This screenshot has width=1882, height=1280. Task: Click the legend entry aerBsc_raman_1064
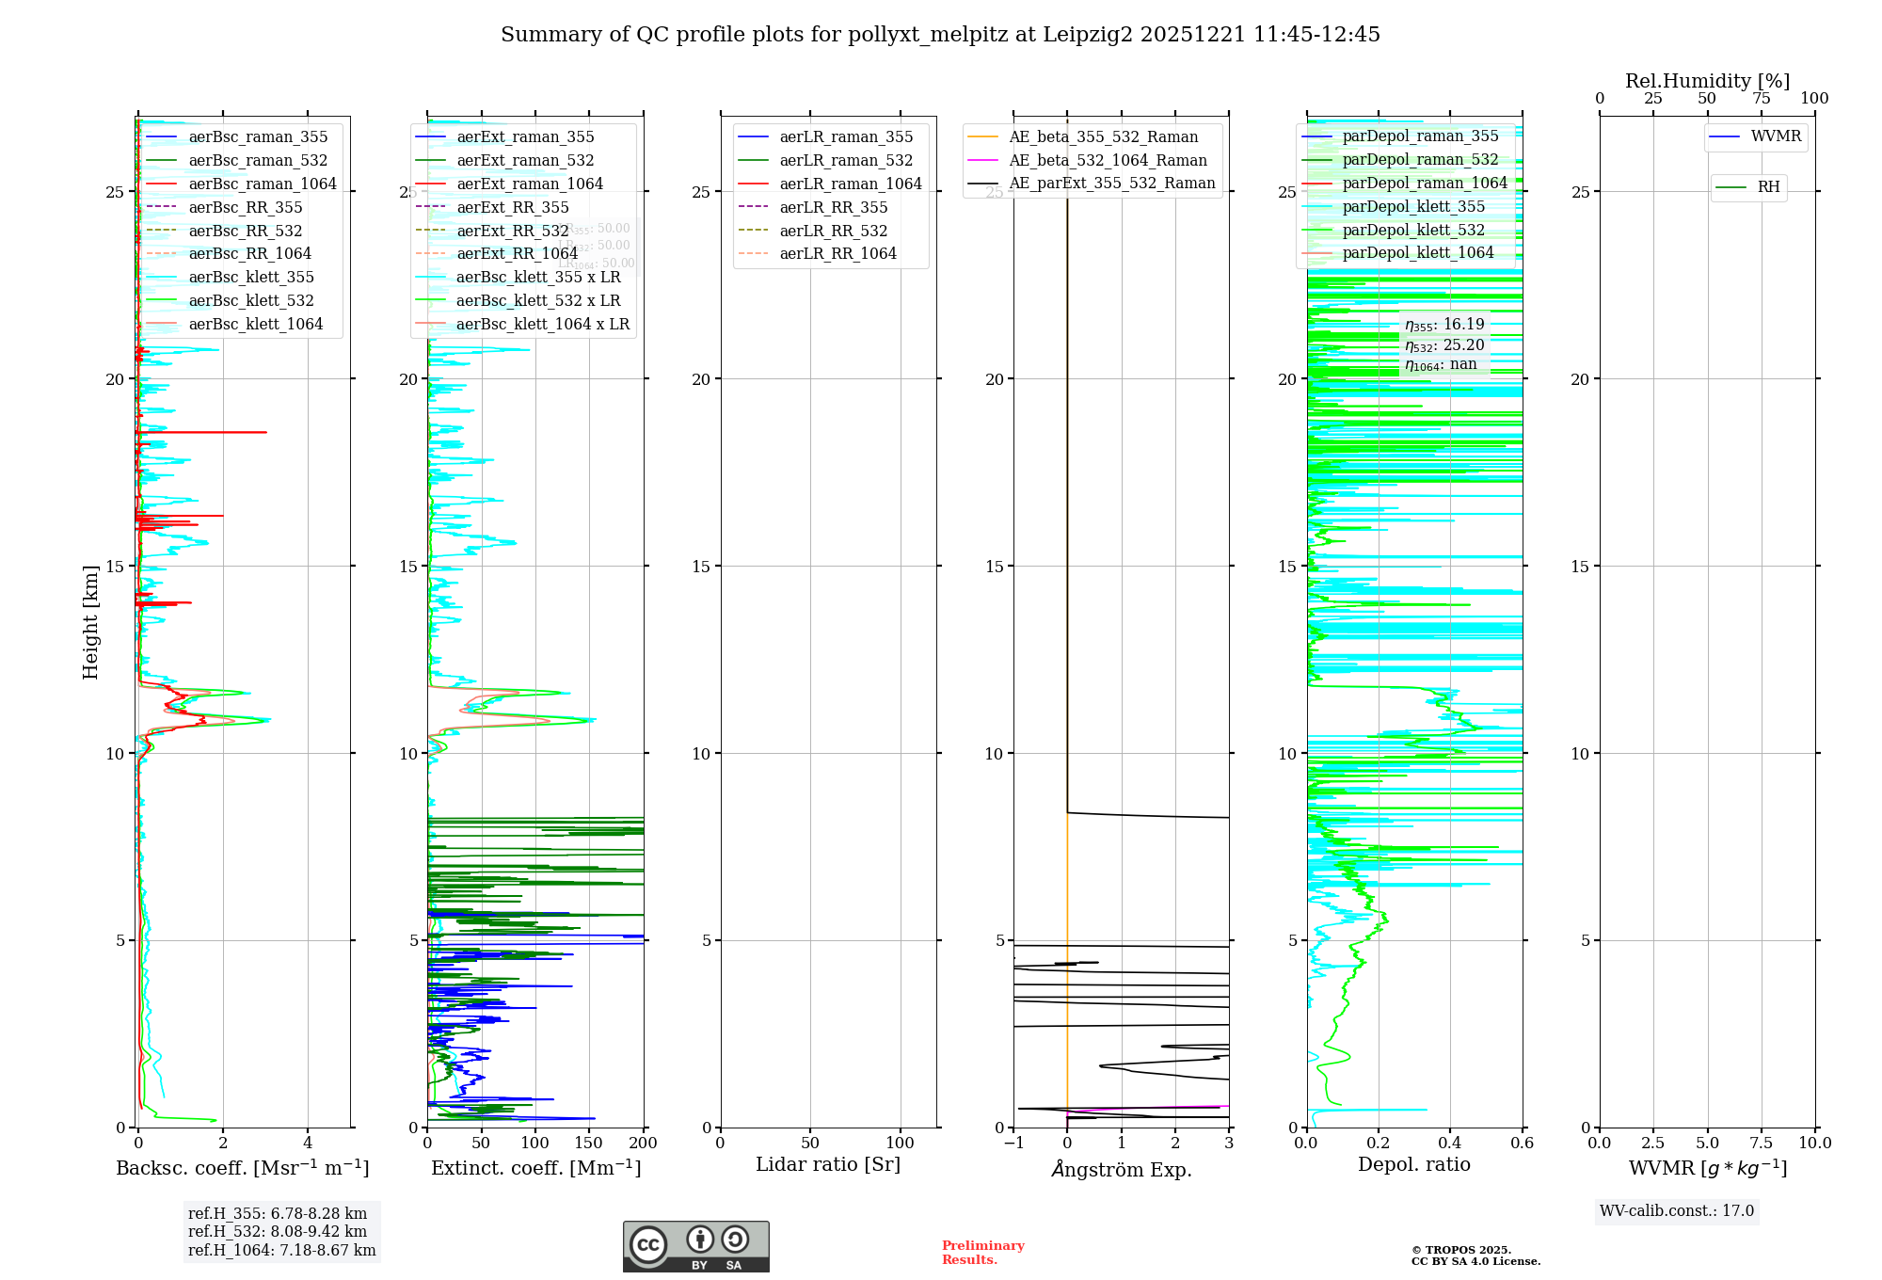tap(262, 184)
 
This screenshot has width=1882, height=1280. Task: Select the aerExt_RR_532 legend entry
tap(512, 232)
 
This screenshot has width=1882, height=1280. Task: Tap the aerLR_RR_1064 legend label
tap(837, 254)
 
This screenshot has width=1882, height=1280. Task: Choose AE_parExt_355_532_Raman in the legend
tap(1111, 184)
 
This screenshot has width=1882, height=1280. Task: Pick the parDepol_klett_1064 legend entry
tap(1417, 253)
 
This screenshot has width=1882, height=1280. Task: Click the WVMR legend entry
tap(1776, 137)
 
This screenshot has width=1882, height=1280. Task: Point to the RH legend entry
tap(1768, 187)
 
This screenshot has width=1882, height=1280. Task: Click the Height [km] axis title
tap(90, 622)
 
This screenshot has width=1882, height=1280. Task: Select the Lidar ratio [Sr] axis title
tap(828, 1165)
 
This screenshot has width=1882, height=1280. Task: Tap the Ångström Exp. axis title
tap(1121, 1169)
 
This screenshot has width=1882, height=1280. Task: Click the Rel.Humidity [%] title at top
tap(1707, 82)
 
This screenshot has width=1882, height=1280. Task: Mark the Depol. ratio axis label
tap(1413, 1165)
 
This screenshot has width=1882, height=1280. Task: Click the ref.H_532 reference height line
tap(278, 1232)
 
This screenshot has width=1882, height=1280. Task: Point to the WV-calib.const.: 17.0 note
tap(1677, 1211)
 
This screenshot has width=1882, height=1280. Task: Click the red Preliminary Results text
tap(982, 1253)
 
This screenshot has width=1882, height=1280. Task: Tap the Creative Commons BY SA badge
tap(695, 1247)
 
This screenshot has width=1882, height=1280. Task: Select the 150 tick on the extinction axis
tap(589, 1144)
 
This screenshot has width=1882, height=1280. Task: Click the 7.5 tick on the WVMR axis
tap(1762, 1144)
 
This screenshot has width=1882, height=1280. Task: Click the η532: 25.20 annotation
tap(1444, 345)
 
